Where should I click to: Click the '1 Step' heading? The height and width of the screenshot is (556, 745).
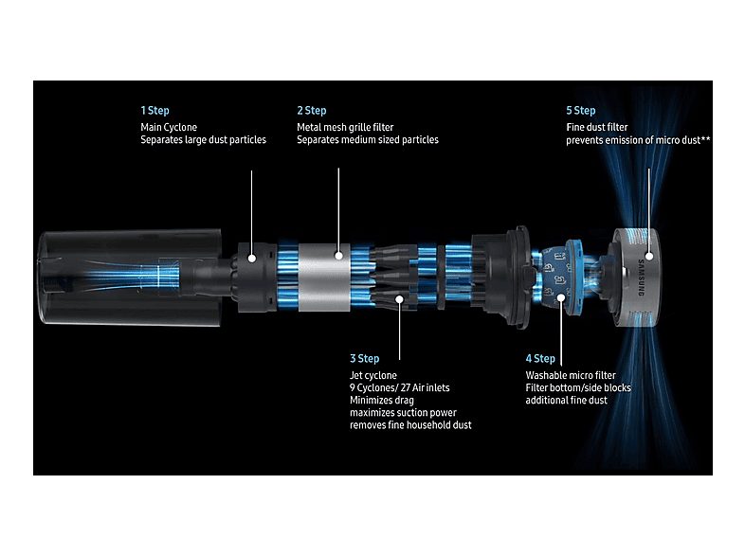pyautogui.click(x=154, y=111)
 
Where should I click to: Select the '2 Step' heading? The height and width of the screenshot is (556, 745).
pyautogui.click(x=312, y=111)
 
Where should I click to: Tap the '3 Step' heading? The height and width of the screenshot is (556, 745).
pyautogui.click(x=364, y=358)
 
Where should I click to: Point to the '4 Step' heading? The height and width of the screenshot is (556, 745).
pyautogui.click(x=540, y=358)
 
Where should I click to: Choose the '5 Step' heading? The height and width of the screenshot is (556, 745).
pyautogui.click(x=581, y=111)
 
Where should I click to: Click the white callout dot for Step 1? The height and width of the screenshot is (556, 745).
pyautogui.click(x=252, y=259)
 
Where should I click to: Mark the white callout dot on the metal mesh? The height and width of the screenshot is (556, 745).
pyautogui.click(x=338, y=256)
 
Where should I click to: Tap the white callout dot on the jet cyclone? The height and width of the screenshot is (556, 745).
pyautogui.click(x=400, y=299)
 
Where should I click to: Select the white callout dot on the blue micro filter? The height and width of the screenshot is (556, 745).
pyautogui.click(x=561, y=297)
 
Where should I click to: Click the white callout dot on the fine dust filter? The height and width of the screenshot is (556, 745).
pyautogui.click(x=649, y=256)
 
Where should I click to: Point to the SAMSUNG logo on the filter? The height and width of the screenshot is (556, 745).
pyautogui.click(x=641, y=278)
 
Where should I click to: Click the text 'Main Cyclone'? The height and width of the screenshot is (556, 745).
pyautogui.click(x=169, y=127)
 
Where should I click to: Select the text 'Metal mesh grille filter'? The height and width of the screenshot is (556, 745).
pyautogui.click(x=345, y=127)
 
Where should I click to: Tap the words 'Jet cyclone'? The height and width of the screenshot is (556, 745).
pyautogui.click(x=373, y=376)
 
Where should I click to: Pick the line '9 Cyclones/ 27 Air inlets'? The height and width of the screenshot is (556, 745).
pyautogui.click(x=400, y=388)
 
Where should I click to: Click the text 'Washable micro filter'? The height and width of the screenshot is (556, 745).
pyautogui.click(x=571, y=375)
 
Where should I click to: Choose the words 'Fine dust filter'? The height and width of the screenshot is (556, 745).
pyautogui.click(x=597, y=127)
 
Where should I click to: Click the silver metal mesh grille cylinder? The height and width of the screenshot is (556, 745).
pyautogui.click(x=324, y=278)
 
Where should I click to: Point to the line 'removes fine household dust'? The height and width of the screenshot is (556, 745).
pyautogui.click(x=410, y=425)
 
